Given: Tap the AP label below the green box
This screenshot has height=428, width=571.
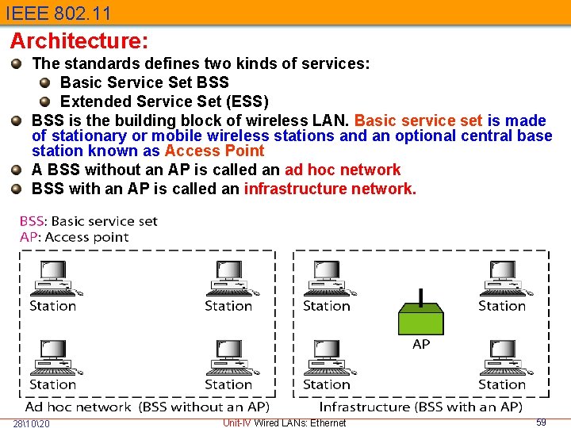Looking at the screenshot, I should (x=421, y=344).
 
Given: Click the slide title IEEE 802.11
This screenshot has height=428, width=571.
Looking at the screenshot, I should (x=57, y=13).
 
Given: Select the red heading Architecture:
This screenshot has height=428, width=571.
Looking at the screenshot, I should (x=79, y=40).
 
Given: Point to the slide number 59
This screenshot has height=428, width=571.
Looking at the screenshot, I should (x=541, y=422).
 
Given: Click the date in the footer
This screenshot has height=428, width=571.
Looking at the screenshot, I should (x=32, y=423).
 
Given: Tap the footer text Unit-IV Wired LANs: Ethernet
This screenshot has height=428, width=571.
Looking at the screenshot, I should (x=284, y=422).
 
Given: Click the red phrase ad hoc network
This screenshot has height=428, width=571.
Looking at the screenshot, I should (x=343, y=170).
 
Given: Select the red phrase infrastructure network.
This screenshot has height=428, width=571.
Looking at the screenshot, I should (x=330, y=189).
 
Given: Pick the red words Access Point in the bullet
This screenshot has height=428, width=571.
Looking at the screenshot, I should (x=214, y=151).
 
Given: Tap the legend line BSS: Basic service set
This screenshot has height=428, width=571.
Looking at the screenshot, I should (x=89, y=221).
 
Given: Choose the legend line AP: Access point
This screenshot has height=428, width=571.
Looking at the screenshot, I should (x=74, y=237).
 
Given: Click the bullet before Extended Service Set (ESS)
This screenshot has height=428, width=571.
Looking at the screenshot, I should (x=45, y=101).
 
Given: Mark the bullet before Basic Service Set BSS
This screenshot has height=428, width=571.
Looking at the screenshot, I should (x=45, y=82).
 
